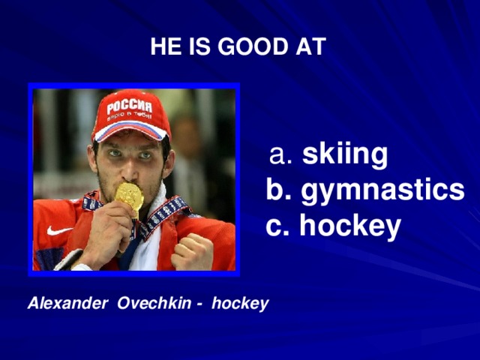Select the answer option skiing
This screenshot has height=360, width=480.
click(345, 155)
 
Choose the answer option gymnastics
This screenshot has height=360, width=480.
click(382, 190)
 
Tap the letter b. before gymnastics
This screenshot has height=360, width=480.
click(279, 190)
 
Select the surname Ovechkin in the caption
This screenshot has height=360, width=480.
click(150, 304)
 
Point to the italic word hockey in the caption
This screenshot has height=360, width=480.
click(239, 304)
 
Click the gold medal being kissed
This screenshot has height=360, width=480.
click(129, 196)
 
